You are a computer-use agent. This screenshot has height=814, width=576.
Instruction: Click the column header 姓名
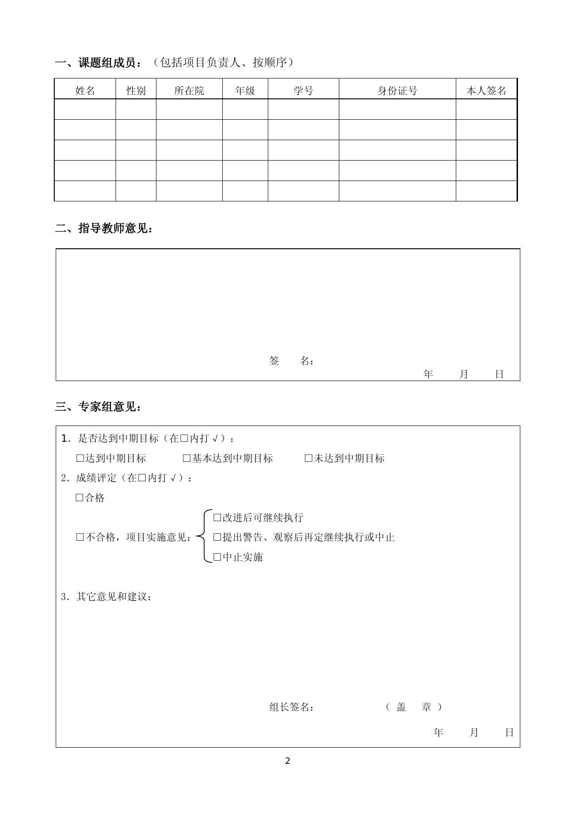85,90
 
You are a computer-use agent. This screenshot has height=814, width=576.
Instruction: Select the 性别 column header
136,90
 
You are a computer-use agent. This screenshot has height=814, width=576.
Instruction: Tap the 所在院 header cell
189,90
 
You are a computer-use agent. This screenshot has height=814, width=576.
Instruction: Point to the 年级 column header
245,90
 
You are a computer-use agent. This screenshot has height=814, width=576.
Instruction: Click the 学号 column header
303,90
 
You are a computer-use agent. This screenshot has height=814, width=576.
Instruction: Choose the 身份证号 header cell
397,90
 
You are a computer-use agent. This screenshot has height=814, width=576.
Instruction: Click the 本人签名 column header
486,90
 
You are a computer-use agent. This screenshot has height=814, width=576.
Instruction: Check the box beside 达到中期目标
80,459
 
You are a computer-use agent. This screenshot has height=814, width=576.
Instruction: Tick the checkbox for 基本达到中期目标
187,459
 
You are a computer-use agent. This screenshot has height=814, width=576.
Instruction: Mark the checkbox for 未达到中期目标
309,459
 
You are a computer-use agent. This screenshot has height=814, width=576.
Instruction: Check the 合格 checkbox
80,498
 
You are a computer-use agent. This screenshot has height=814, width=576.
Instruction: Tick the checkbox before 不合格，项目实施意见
80,537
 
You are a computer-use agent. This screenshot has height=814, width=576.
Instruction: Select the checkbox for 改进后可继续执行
217,517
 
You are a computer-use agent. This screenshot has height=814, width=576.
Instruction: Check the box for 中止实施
217,557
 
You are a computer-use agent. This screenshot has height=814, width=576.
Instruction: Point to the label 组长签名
291,707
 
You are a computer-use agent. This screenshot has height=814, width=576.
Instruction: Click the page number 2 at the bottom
287,761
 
